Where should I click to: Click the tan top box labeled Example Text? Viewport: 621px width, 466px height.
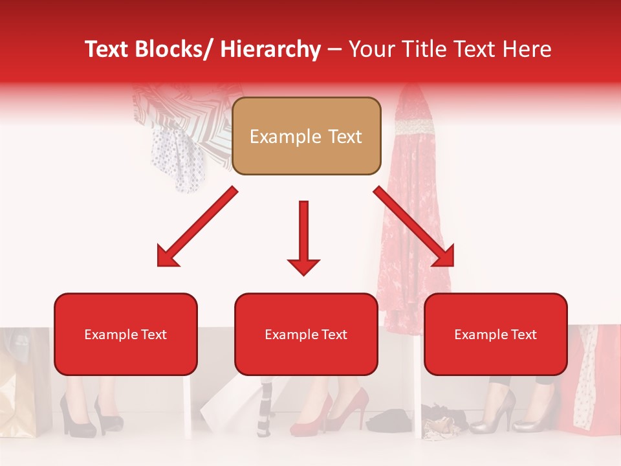point(306,136)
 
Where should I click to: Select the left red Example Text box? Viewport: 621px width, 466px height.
point(125,334)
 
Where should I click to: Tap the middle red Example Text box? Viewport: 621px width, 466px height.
point(306,334)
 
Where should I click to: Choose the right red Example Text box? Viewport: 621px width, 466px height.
point(496,334)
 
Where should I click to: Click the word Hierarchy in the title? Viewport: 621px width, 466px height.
point(270,49)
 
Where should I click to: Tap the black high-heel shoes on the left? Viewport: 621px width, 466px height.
point(91,414)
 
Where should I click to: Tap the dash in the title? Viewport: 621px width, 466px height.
point(334,49)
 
